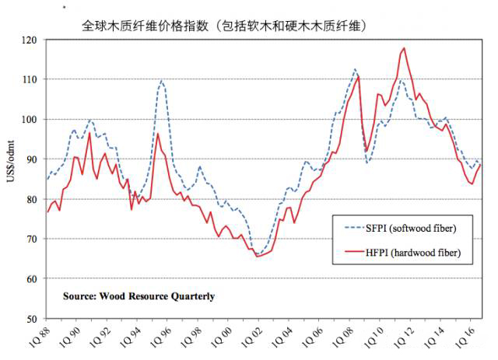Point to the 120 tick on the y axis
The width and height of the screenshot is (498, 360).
[x=30, y=40]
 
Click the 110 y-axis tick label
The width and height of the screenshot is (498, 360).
[x=30, y=79]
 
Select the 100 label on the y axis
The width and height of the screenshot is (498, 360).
[x=30, y=120]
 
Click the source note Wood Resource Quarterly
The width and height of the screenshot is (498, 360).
[x=140, y=296]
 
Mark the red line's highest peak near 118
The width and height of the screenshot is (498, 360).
[x=403, y=48]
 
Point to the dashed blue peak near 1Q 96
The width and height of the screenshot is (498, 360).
[x=162, y=80]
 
